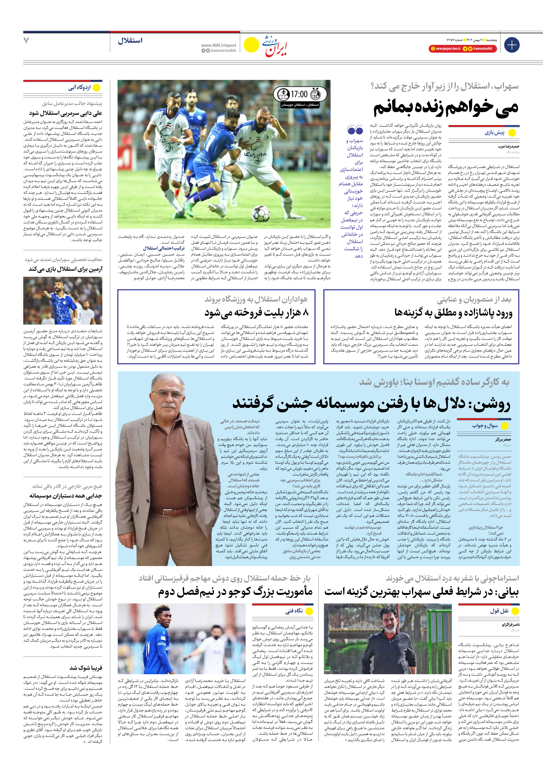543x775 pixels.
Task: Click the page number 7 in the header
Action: tap(26, 41)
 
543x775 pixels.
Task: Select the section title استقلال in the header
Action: tap(130, 41)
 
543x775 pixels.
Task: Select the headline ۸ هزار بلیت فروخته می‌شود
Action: tap(257, 313)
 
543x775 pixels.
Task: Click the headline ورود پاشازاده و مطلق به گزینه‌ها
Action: tap(453, 313)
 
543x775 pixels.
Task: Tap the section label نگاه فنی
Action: tap(294, 611)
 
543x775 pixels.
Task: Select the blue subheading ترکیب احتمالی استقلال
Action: tap(159, 248)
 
